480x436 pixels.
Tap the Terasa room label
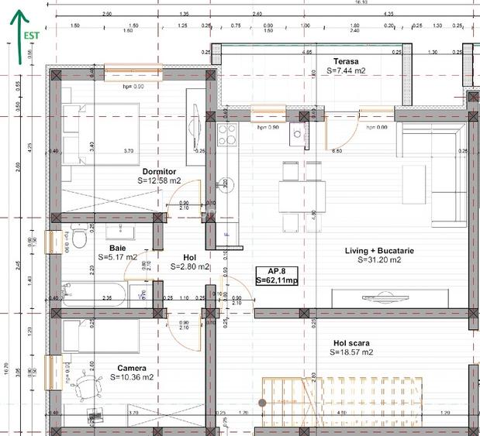pyautogui.click(x=345, y=61)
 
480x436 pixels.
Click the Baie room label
pyautogui.click(x=117, y=248)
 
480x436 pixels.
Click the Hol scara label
pyautogui.click(x=351, y=342)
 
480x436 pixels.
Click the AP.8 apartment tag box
pyautogui.click(x=277, y=276)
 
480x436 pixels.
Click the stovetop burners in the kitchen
pyautogui.click(x=226, y=135)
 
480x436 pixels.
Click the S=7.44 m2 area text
pyautogui.click(x=345, y=70)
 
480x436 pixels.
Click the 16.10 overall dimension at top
pyautogui.click(x=361, y=2)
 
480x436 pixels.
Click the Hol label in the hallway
pyautogui.click(x=189, y=257)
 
